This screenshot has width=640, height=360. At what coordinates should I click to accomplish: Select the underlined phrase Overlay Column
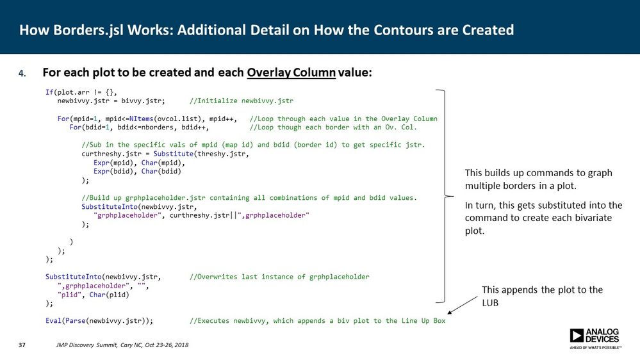pos(291,72)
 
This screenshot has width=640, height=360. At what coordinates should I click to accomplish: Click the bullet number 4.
pos(22,73)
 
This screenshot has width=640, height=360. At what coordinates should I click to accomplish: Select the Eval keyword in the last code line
pos(53,320)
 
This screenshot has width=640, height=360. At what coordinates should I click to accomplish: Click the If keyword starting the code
pos(49,92)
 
